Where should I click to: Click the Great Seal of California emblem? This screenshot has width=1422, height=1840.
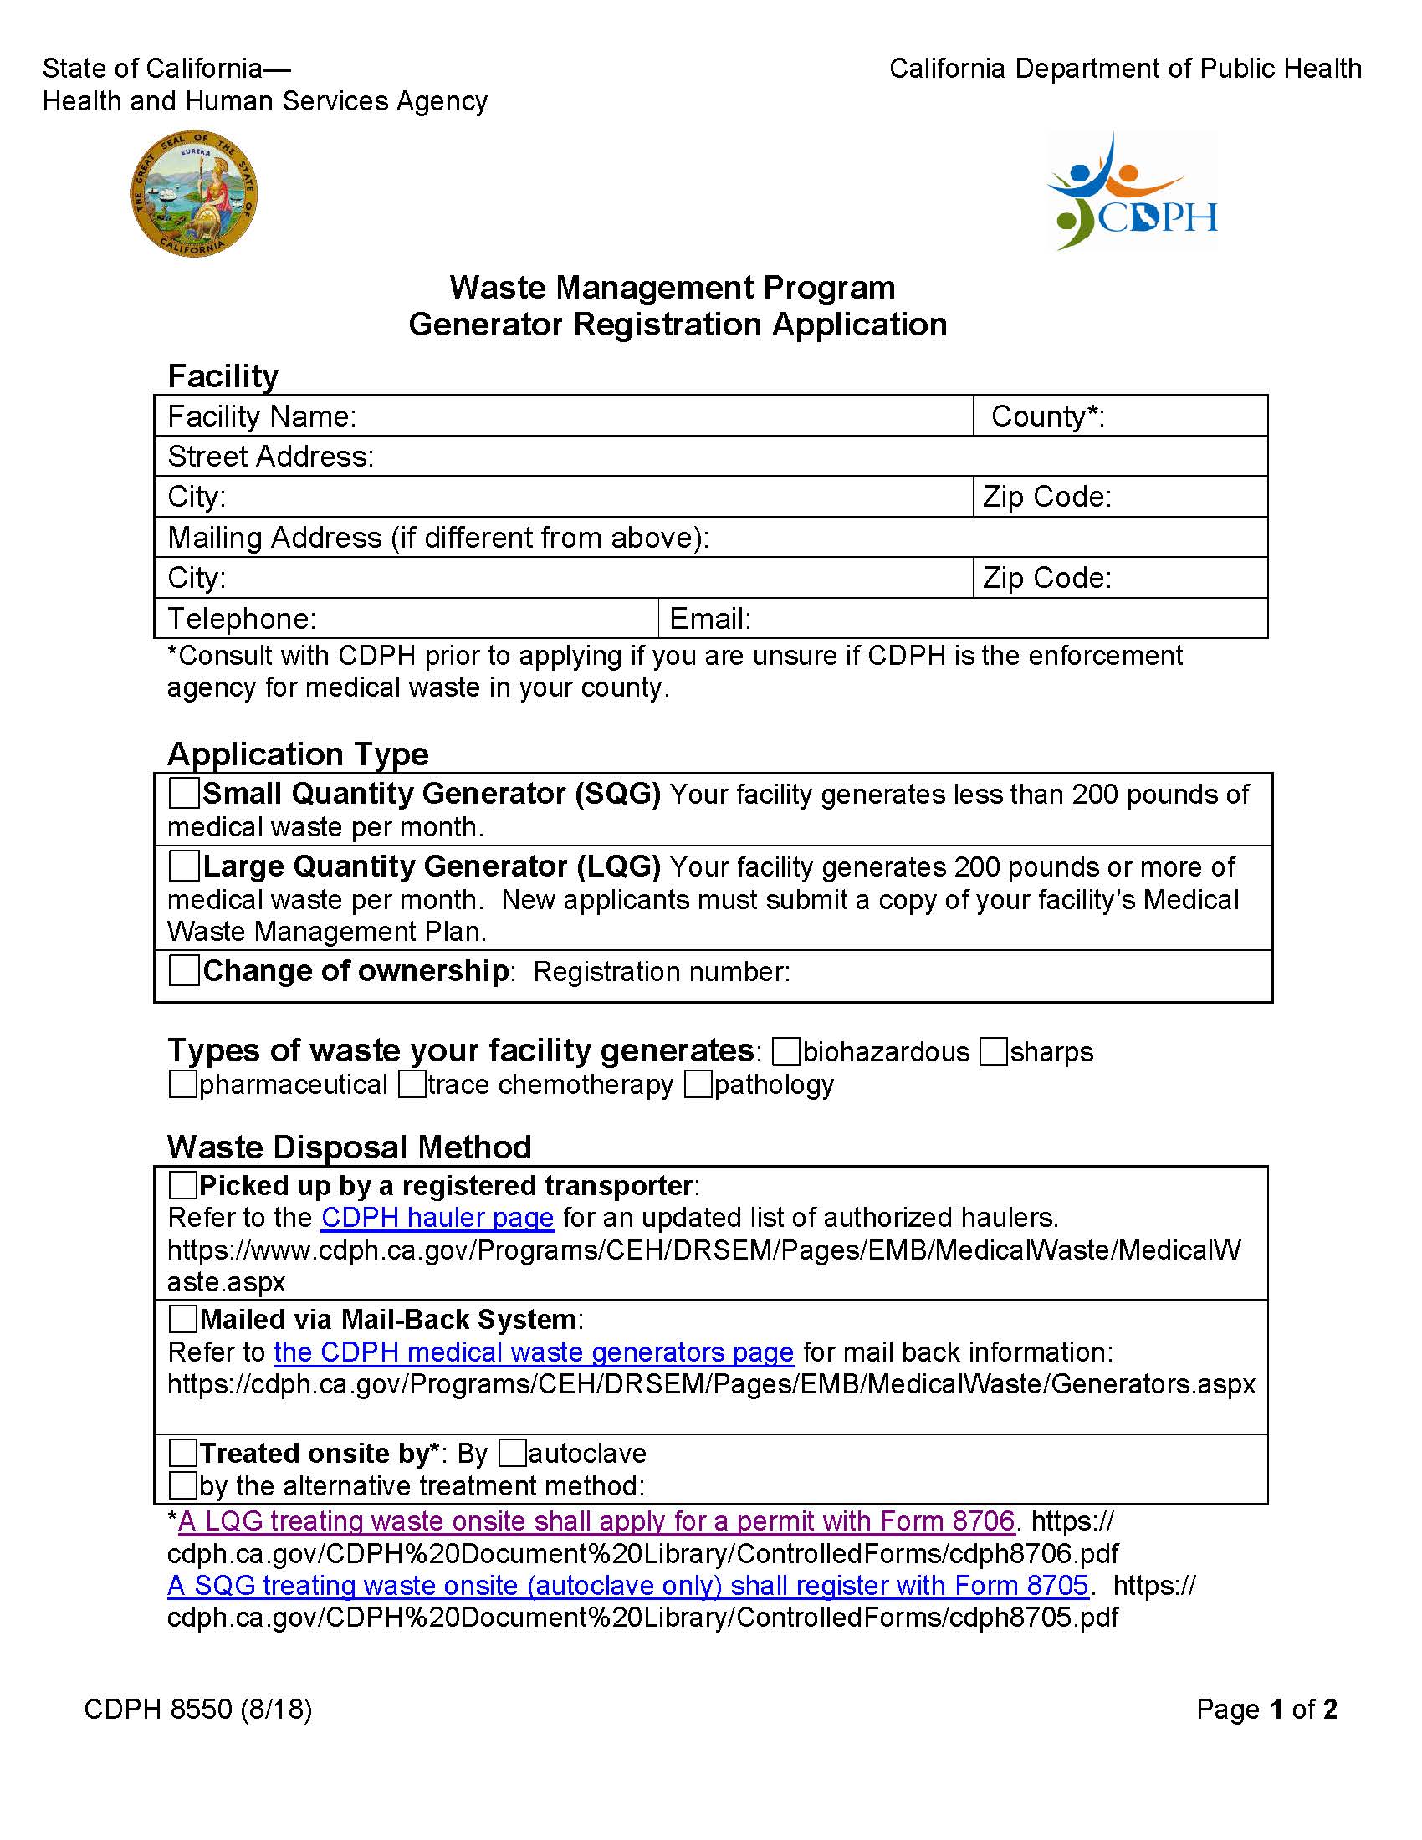[x=194, y=194]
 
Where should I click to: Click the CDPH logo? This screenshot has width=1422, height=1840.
[x=1132, y=192]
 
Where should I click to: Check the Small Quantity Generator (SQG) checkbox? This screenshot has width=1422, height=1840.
[x=184, y=793]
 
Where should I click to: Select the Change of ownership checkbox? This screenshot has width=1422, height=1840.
[x=184, y=969]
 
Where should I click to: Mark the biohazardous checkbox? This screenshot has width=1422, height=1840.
[x=785, y=1050]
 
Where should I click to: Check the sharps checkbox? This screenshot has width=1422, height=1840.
[x=993, y=1050]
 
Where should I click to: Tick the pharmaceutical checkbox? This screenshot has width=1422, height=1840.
[x=182, y=1083]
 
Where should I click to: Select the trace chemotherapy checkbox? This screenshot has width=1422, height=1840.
[x=411, y=1083]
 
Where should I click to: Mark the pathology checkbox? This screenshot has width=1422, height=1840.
[x=698, y=1083]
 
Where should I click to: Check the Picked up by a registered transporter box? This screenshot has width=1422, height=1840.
[x=182, y=1184]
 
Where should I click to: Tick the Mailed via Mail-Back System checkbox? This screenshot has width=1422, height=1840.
[x=182, y=1318]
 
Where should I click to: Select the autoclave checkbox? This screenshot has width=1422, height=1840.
[x=512, y=1453]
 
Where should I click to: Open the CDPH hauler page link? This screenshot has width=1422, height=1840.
[x=437, y=1218]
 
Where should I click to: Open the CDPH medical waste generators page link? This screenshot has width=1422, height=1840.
[x=534, y=1352]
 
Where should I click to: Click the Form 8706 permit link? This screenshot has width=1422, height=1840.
[x=596, y=1521]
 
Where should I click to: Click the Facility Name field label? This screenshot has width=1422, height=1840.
[x=262, y=417]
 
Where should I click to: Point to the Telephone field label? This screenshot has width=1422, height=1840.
[x=242, y=618]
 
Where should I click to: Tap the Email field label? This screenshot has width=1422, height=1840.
[x=709, y=618]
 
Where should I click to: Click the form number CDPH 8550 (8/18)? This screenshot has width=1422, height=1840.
[x=198, y=1709]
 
